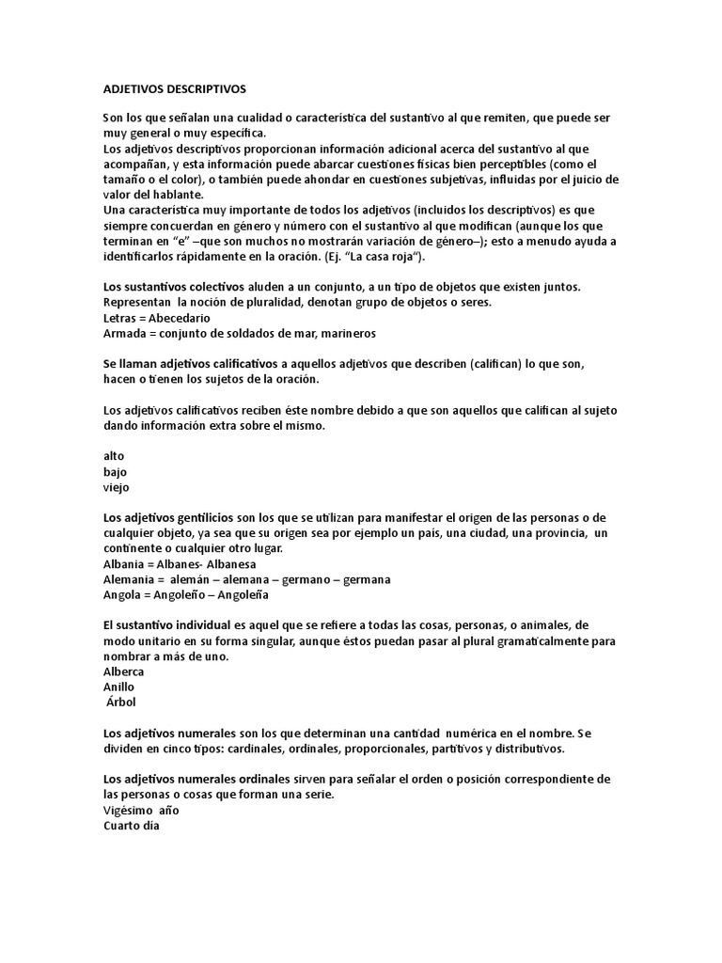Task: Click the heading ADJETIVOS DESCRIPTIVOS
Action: [x=174, y=88]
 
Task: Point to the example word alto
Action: [x=113, y=456]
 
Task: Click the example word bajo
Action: [x=115, y=471]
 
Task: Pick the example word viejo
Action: [x=117, y=487]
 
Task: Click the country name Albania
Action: [x=125, y=564]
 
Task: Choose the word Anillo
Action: [x=119, y=687]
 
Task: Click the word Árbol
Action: [x=122, y=703]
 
